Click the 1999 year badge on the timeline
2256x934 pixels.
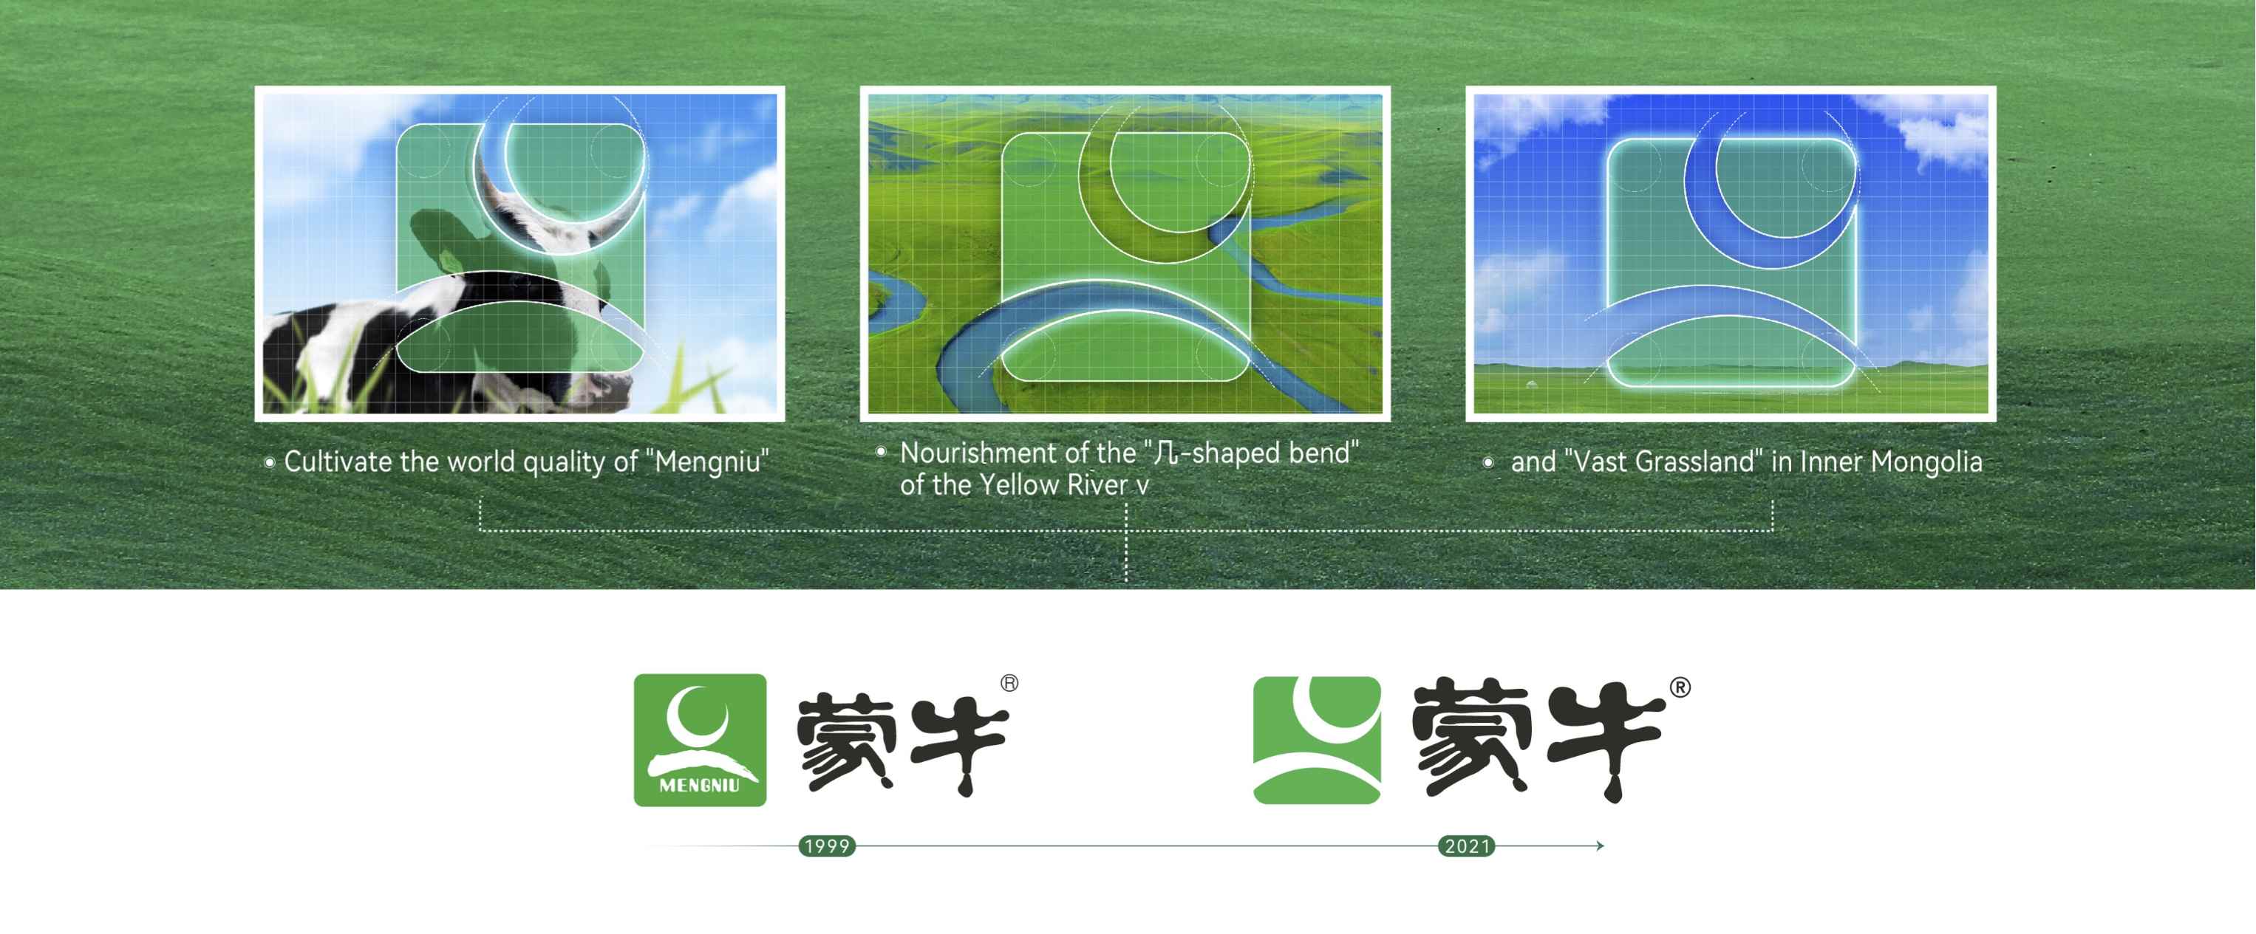827,845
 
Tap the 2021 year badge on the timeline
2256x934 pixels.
1467,845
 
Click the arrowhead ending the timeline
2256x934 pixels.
1599,845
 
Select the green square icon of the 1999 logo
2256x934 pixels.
700,740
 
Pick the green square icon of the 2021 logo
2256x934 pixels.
1317,740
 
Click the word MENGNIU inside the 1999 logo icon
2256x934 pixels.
699,785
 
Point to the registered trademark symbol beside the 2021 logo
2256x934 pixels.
1680,687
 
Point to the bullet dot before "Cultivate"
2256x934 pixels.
270,462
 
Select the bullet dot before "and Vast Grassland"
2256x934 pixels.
1488,462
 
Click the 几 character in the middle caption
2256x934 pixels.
1165,453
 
